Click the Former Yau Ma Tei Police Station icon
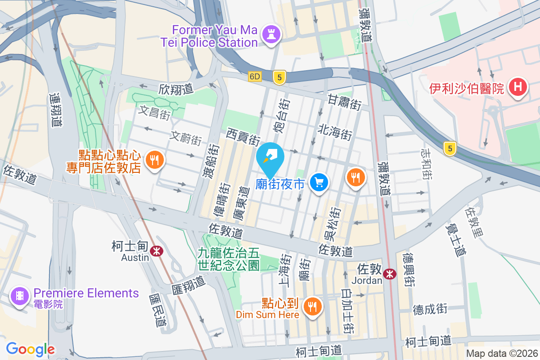point(271,35)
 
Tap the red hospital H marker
point(517,87)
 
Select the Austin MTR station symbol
point(157,251)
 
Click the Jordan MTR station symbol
point(390,274)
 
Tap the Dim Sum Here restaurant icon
point(311,307)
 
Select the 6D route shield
point(255,77)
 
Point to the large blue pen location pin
point(270,157)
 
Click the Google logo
point(30,349)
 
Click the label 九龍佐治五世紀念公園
point(229,259)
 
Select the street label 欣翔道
point(175,89)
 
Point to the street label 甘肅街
point(344,102)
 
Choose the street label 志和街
point(426,163)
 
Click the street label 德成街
point(430,309)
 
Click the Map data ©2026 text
point(501,353)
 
